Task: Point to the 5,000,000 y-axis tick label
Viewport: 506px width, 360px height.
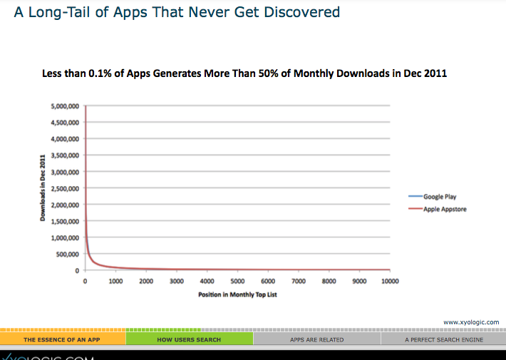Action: [65, 106]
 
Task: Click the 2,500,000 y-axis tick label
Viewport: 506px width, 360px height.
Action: [65, 188]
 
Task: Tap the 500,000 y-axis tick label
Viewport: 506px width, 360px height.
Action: [68, 254]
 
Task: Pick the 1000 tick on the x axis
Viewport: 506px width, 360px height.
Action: [115, 282]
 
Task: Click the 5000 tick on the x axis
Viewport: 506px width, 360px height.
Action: [237, 282]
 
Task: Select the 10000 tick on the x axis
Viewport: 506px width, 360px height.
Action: [391, 282]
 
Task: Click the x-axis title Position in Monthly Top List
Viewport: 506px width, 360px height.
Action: [237, 294]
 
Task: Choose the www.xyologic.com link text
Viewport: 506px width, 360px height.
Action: [471, 322]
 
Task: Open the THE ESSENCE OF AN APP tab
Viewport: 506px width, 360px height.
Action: [62, 339]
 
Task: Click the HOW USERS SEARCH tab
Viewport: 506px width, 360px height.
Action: [189, 339]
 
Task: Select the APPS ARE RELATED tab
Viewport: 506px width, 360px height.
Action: [316, 339]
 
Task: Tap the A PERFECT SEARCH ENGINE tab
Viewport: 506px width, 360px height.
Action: [443, 339]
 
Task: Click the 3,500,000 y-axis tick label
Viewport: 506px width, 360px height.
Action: [65, 155]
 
